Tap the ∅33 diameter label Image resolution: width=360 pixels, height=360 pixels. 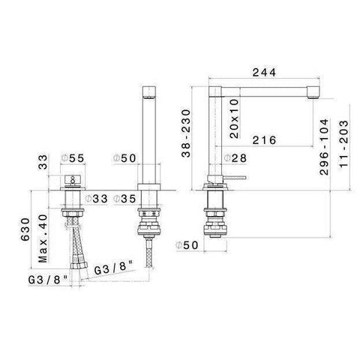coord(97,199)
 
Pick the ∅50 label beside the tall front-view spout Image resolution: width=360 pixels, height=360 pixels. coord(123,158)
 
